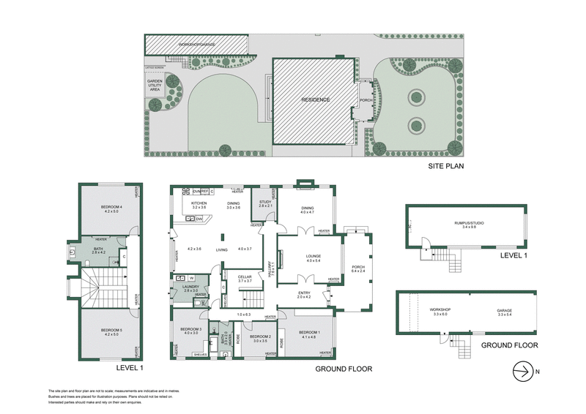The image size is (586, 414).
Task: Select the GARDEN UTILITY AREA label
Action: click(155, 84)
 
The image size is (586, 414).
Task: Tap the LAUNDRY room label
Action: click(190, 287)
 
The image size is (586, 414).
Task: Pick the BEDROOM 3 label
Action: click(192, 330)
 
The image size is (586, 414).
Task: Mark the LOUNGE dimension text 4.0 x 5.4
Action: click(314, 261)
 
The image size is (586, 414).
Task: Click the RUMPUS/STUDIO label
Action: click(469, 222)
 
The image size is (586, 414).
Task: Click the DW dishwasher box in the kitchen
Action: click(199, 218)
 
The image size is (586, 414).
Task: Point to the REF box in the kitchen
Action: click(205, 191)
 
